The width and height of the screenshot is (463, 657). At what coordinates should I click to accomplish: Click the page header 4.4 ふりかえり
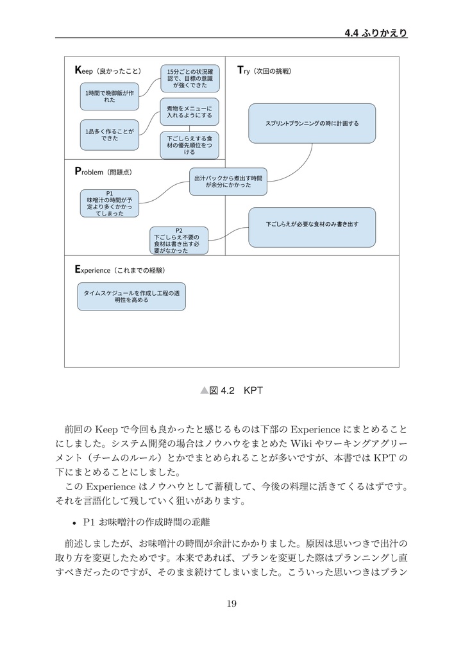pos(376,33)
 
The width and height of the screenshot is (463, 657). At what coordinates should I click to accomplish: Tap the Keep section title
pos(108,70)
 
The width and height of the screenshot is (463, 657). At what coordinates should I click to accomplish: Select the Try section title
pos(264,70)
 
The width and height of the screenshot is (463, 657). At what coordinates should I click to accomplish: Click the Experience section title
pos(120,269)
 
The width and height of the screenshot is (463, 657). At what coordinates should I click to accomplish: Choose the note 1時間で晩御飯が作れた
pos(109,96)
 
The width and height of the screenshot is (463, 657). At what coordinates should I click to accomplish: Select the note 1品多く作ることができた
pos(109,134)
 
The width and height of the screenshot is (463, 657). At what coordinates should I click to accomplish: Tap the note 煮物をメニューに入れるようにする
pos(189,112)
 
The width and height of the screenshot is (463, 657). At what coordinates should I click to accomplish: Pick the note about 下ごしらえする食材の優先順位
pos(189,145)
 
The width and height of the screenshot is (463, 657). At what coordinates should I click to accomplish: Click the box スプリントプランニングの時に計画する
pos(312,123)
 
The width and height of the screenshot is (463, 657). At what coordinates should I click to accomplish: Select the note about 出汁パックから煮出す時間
pos(228,181)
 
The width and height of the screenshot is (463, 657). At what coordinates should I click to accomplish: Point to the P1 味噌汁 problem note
pos(109,203)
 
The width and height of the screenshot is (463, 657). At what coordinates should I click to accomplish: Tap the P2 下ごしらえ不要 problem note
pos(179,241)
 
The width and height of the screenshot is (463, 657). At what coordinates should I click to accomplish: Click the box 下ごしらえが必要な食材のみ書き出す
pos(312,225)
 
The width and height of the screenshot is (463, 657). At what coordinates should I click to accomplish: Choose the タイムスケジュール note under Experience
pos(131,296)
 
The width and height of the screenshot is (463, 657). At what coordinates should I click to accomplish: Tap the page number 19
pos(231,602)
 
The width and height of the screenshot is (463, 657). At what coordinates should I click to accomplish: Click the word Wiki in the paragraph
pos(301,444)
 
